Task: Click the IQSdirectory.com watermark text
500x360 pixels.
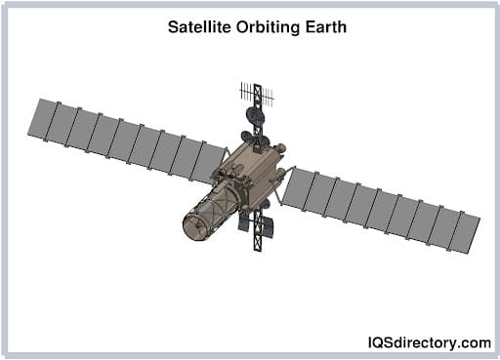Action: point(430,341)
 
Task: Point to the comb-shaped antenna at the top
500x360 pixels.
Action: point(257,94)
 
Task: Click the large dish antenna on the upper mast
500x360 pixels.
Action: point(255,115)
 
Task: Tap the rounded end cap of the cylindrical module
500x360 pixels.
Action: point(194,224)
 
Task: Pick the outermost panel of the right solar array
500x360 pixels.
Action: point(467,233)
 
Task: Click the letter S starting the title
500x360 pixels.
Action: point(173,27)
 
